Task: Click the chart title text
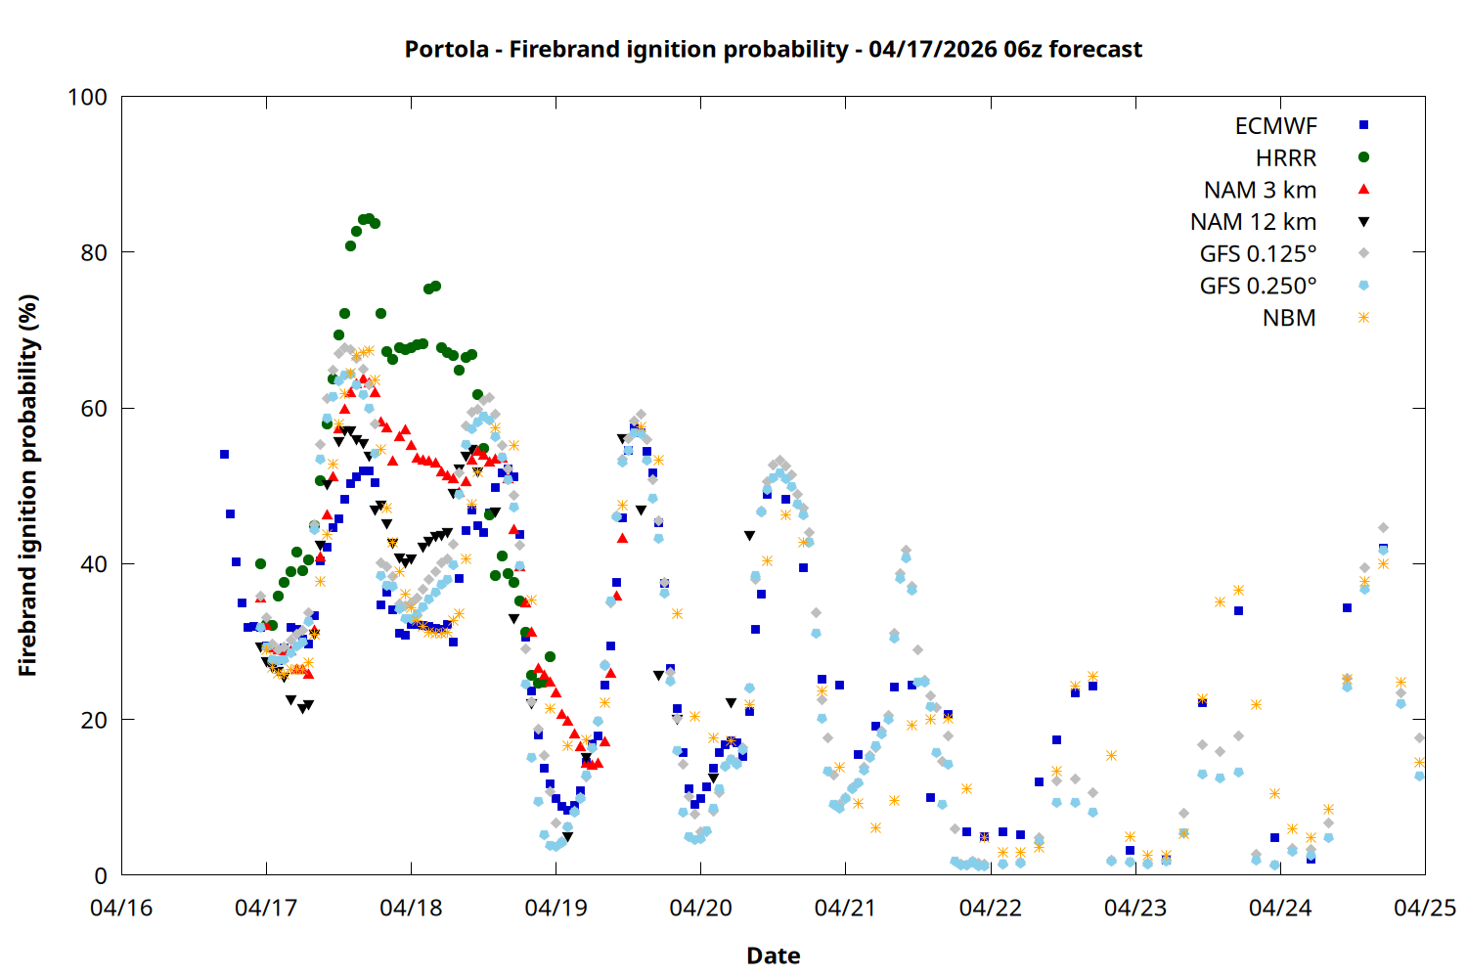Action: pos(773,49)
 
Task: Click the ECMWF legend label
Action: pos(1275,126)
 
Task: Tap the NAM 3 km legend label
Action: pos(1260,190)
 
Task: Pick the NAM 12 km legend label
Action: pos(1253,222)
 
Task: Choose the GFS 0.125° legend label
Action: pos(1258,254)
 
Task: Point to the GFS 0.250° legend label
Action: pos(1258,287)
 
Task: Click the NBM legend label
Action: pos(1289,318)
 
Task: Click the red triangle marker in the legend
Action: pos(1363,189)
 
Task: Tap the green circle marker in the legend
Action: pos(1363,157)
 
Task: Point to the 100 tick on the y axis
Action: pos(87,97)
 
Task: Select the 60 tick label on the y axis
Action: pos(94,408)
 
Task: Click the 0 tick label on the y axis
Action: pos(101,875)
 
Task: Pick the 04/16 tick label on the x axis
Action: pos(121,908)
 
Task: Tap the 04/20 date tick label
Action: pos(700,908)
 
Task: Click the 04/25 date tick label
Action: pos(1424,908)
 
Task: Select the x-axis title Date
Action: pos(773,956)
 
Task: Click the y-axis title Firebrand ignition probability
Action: pos(27,485)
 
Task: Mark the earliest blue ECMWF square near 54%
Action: pos(224,454)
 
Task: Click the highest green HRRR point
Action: pos(369,218)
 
